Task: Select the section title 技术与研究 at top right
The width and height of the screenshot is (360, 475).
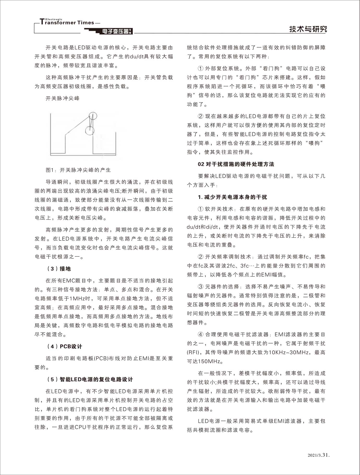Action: coord(308,29)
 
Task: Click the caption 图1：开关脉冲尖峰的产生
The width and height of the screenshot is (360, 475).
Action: coord(78,170)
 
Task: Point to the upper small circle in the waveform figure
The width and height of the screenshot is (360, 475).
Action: coord(93,115)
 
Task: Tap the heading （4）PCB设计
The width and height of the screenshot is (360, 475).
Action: coord(64,347)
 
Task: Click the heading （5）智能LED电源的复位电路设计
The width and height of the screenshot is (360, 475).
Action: coord(89,379)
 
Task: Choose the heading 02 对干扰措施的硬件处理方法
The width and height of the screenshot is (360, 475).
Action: coord(236,164)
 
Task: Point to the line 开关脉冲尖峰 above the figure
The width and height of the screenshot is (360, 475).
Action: coord(62,98)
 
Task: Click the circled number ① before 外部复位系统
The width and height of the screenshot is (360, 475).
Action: coord(201,69)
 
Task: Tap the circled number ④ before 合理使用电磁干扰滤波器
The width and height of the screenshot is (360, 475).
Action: coord(201,335)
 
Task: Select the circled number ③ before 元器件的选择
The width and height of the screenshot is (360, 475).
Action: coord(201,287)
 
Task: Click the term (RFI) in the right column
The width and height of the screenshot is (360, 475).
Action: coord(193,352)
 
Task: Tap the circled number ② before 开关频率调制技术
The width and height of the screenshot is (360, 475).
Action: coord(201,257)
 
